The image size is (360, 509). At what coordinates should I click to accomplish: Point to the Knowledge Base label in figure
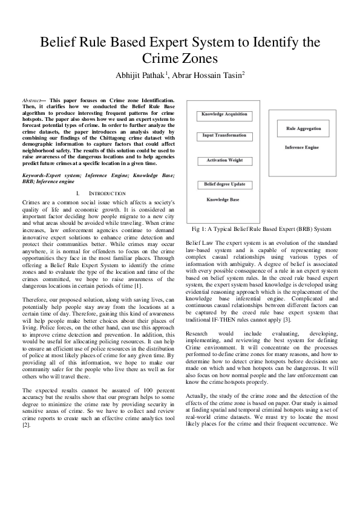pos(223,199)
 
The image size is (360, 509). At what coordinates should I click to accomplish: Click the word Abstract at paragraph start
pos(31,100)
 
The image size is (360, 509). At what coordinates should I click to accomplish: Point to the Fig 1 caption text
pos(261,230)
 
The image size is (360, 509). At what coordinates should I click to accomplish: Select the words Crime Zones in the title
pos(180,59)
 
